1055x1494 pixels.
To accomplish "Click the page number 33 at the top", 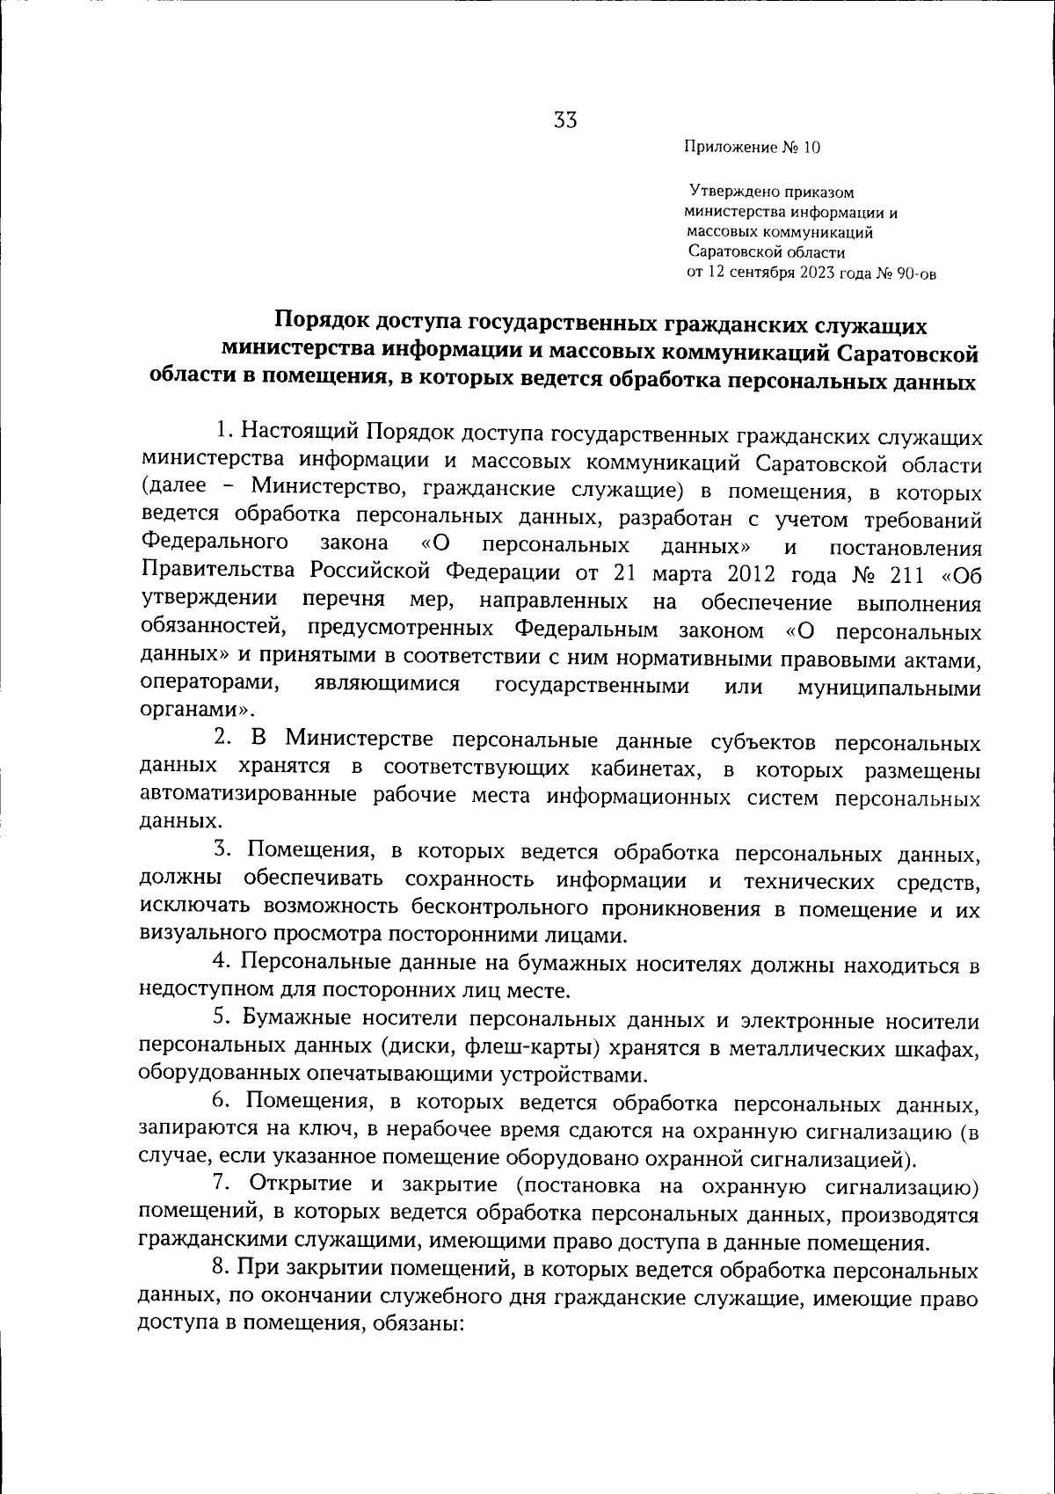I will click(565, 120).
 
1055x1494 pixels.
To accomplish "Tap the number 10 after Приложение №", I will click(810, 149).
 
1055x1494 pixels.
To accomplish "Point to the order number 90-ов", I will click(916, 273).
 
